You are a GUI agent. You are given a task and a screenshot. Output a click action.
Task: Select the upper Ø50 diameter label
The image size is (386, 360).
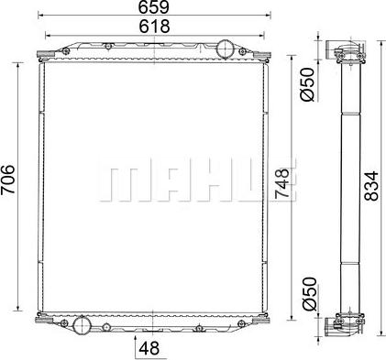coord(308,83)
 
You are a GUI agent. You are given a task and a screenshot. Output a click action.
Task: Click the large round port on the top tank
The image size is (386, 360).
coord(226,49)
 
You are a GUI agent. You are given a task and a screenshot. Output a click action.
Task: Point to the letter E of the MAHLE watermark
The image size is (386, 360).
coord(260,182)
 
